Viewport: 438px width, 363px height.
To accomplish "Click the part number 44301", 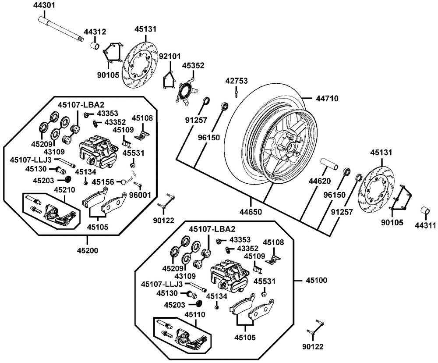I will pos(45,6).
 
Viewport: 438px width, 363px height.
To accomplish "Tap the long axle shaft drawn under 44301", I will pos(61,28).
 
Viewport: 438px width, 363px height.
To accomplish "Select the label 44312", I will pos(95,32).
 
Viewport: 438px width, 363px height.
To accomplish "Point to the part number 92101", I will pos(169,57).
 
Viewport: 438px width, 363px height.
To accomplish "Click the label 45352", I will pos(193,65).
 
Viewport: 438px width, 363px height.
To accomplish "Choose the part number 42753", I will pos(237,81).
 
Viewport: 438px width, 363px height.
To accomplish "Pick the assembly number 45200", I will pos(88,251).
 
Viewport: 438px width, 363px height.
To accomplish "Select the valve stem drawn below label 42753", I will pos(237,93).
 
